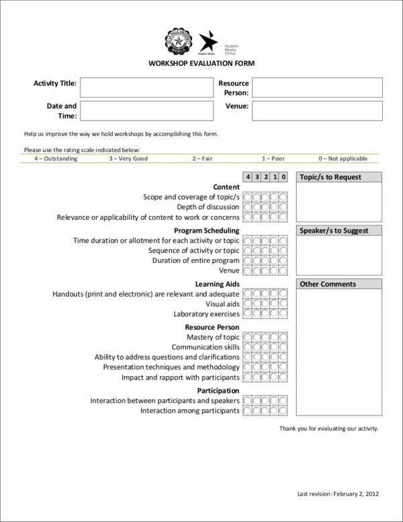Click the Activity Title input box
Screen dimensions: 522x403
click(x=146, y=88)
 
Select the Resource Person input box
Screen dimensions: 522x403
click(x=317, y=88)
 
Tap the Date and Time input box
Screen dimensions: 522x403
click(x=146, y=111)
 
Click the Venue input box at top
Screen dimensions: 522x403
click(x=317, y=111)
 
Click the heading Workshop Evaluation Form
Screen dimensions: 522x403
click(x=201, y=63)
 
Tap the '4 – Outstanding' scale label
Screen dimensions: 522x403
click(x=56, y=159)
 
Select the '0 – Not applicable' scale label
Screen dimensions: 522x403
click(x=343, y=159)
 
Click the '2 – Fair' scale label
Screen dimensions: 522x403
click(x=202, y=159)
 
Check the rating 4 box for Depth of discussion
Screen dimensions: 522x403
click(x=248, y=207)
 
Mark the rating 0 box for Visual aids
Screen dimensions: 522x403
click(x=283, y=304)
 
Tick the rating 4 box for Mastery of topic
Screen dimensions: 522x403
click(x=248, y=337)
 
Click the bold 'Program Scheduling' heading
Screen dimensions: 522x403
click(x=212, y=231)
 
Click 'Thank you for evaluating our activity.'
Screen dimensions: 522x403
click(x=328, y=428)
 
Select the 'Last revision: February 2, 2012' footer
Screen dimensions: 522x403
click(x=338, y=494)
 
